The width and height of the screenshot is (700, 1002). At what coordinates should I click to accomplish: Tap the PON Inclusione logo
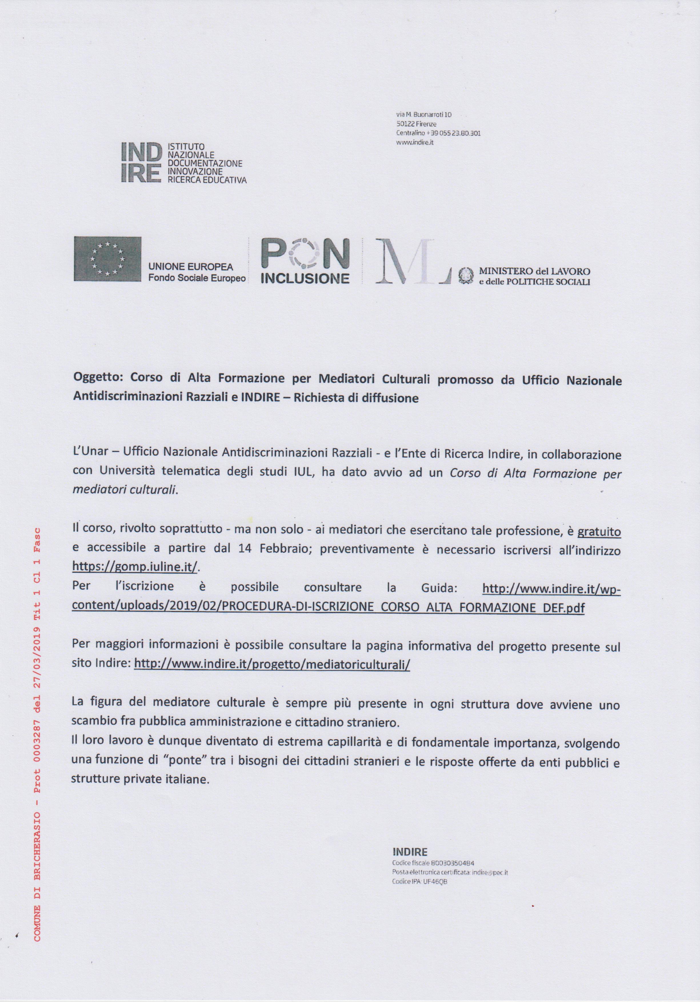[305, 261]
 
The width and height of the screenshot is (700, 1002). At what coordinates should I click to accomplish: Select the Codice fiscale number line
[433, 863]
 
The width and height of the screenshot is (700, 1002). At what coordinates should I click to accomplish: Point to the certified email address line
[450, 872]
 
